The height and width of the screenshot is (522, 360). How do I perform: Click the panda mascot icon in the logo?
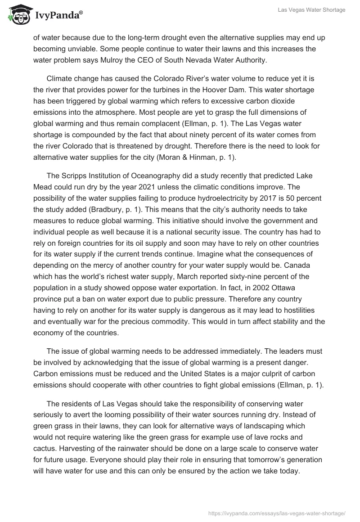[17, 15]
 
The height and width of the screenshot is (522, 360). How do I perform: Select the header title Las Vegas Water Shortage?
[312, 10]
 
